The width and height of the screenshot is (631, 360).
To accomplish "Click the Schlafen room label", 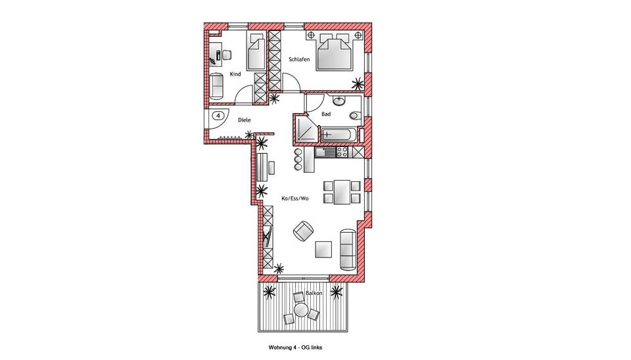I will [x=299, y=60].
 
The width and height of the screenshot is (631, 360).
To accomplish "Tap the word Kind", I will [x=236, y=74].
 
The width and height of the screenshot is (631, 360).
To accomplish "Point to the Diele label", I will [x=245, y=120].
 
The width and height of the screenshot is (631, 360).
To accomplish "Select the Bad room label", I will [x=326, y=114].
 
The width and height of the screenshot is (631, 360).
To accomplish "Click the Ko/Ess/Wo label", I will [x=295, y=198].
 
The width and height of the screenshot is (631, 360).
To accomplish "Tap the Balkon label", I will [x=314, y=292].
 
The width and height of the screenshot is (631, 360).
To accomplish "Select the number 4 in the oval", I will [x=218, y=116].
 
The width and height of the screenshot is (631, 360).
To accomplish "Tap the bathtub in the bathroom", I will [x=339, y=135].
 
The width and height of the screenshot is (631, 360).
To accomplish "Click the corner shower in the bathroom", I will [x=305, y=129].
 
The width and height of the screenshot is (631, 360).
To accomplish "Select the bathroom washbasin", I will [x=340, y=101].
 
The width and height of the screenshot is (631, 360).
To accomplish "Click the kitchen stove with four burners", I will [x=342, y=152].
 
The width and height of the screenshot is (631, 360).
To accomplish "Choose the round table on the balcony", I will [x=301, y=309].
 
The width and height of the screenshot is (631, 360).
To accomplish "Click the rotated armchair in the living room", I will [x=302, y=231].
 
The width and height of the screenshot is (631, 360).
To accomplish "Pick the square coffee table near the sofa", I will [x=323, y=250].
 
